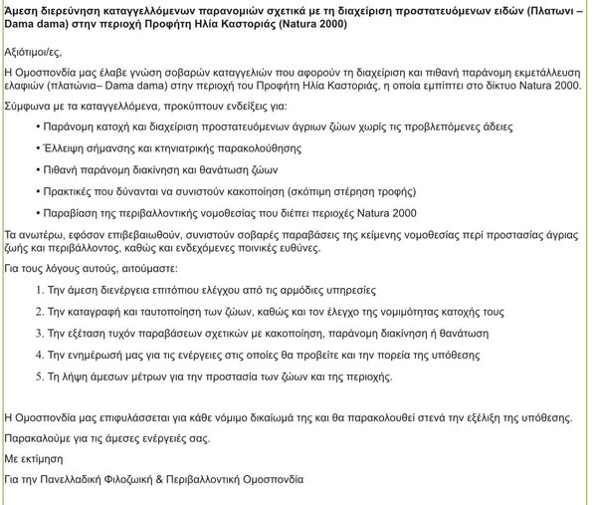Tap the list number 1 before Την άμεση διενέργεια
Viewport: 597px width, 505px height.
coord(39,290)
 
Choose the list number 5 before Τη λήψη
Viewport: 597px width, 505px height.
coord(39,377)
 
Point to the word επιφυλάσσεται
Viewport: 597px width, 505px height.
coord(126,415)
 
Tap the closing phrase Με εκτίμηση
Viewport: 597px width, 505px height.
coord(35,458)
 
